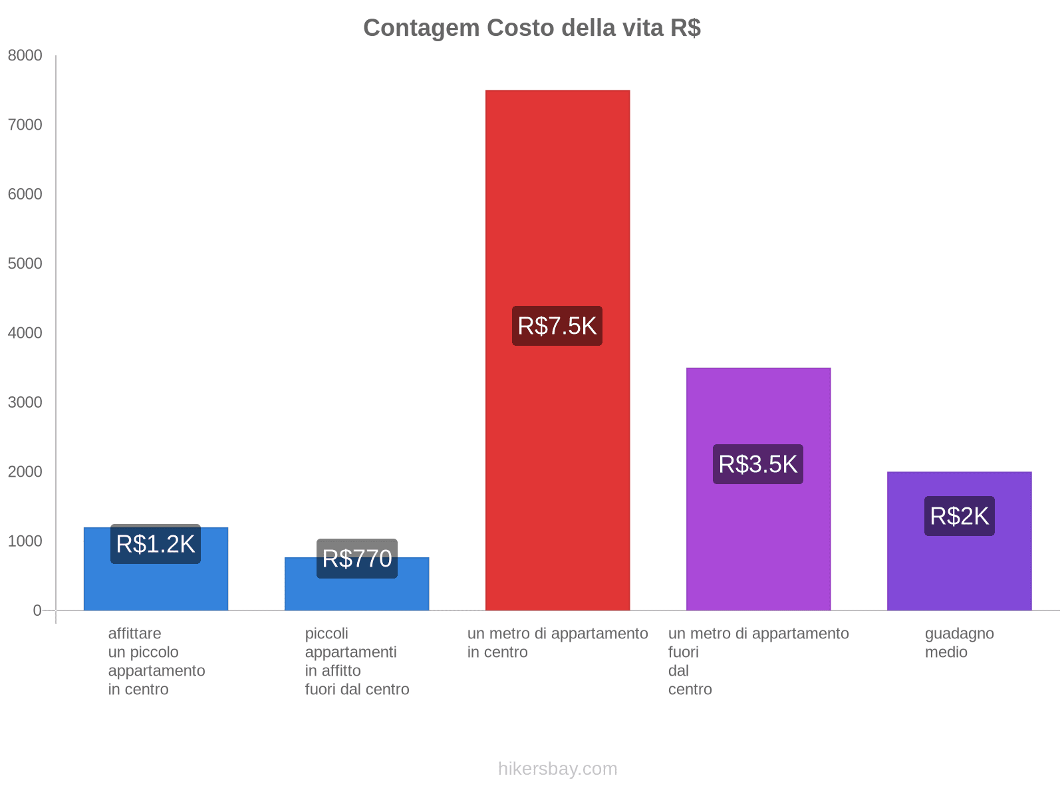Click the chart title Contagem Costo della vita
coord(531,28)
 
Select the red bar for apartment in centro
coord(557,199)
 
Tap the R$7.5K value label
coord(557,326)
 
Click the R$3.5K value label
coord(758,464)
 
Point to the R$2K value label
coord(959,516)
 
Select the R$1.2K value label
coord(156,544)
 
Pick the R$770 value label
coord(357,559)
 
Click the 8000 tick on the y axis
coord(25,56)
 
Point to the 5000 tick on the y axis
coord(25,264)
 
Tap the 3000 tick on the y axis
coord(25,402)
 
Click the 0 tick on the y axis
coord(37,610)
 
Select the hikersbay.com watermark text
coord(557,769)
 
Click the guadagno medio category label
coord(959,642)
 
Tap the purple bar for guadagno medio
coord(959,572)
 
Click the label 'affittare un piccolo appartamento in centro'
coord(156,661)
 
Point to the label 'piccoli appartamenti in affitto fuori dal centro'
coord(357,661)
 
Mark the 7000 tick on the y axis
coord(25,125)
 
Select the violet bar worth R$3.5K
coord(758,412)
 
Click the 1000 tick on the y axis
coord(25,541)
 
